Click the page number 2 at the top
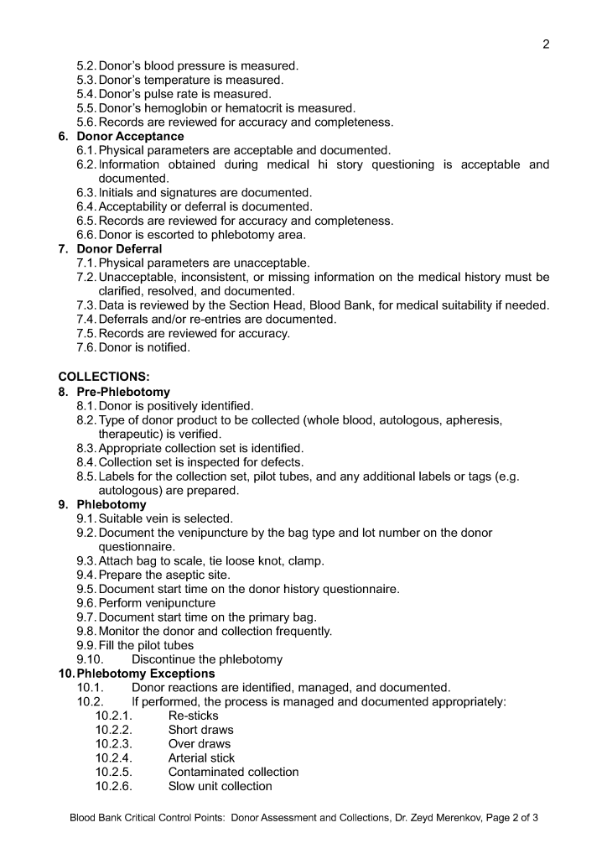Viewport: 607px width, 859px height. (546, 44)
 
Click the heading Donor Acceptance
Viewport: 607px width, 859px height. (130, 136)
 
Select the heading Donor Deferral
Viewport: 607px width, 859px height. (119, 249)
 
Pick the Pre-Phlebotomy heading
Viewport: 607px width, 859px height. (123, 392)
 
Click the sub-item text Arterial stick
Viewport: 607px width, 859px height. (201, 757)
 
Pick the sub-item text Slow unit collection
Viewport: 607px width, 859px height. (220, 786)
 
